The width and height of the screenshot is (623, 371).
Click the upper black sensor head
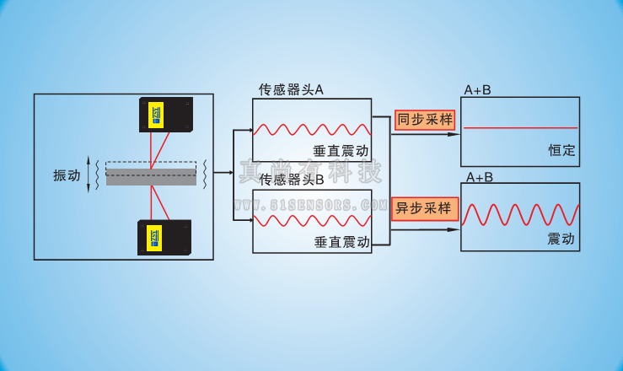(166, 115)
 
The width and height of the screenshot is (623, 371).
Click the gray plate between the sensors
(151, 174)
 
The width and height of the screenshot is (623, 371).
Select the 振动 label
(67, 175)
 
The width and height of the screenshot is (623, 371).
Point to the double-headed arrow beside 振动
(89, 174)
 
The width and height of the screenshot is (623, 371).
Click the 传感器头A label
(290, 89)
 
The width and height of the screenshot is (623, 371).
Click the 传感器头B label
(291, 179)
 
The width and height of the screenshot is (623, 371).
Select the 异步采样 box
(424, 207)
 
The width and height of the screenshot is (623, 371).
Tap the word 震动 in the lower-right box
(561, 239)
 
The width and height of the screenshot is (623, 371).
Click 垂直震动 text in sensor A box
(341, 152)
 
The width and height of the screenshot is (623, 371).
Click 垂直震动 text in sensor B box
(342, 241)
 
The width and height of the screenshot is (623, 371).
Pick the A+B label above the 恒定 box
(478, 89)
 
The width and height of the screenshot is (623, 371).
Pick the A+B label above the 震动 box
(479, 177)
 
